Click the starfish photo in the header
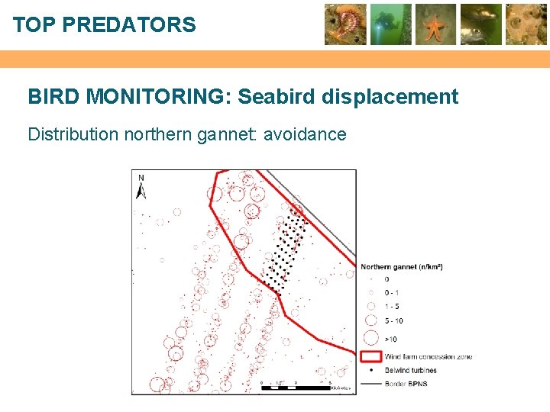(x=435, y=24)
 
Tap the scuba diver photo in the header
(x=391, y=24)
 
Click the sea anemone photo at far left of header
(x=345, y=24)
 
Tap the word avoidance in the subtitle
(x=305, y=135)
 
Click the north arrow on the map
(x=141, y=185)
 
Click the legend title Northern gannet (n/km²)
(x=402, y=267)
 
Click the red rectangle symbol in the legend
(x=371, y=356)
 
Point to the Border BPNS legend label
(x=406, y=384)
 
